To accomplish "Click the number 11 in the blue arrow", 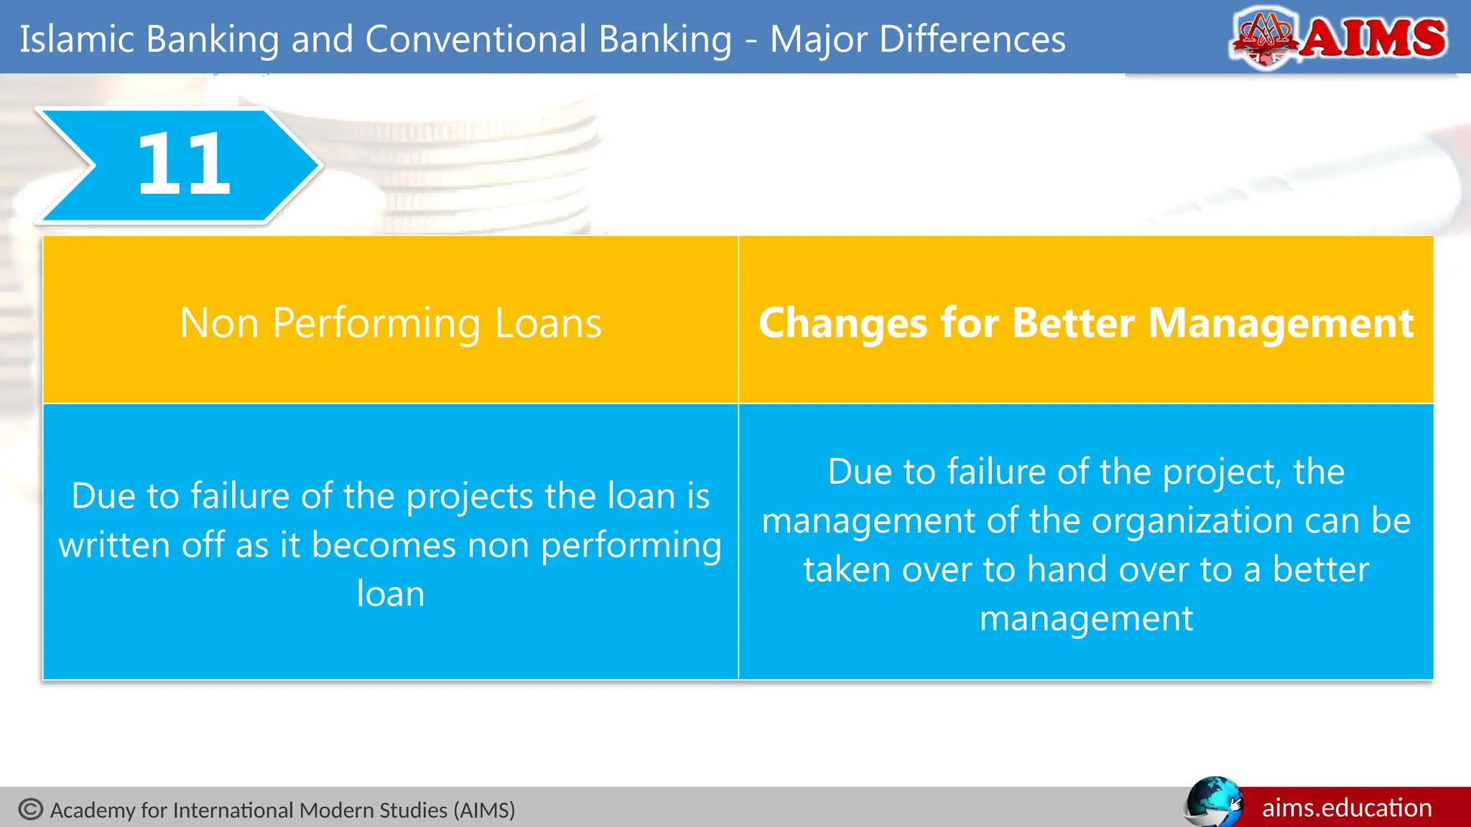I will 184,165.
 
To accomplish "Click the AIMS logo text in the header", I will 1373,38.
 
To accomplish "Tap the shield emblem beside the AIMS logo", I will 1265,37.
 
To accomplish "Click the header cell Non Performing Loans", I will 390,323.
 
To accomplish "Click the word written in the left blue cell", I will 114,545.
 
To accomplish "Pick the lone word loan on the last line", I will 390,594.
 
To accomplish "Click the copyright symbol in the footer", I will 31,810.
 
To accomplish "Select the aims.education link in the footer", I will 1347,808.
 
